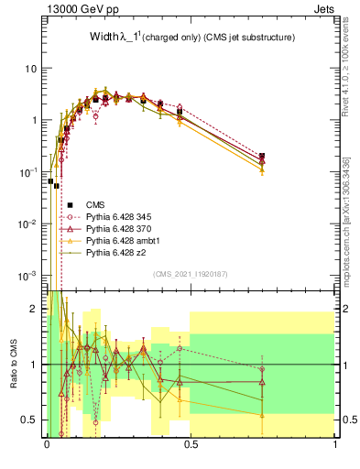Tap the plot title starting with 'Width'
(x=191, y=38)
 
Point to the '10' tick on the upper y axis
(x=32, y=69)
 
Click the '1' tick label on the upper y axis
(x=35, y=120)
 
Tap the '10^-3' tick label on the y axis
(x=28, y=275)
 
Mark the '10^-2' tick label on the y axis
(x=28, y=224)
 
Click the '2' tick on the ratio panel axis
(x=35, y=309)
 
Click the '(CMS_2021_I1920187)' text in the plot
(x=191, y=274)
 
